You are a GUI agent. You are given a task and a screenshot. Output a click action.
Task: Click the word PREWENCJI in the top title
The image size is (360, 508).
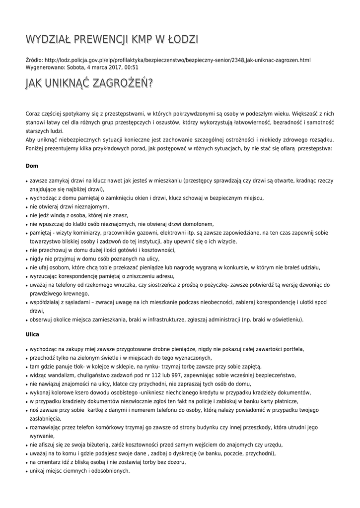[x=104, y=39]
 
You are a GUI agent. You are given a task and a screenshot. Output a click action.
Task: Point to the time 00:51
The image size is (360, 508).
[x=132, y=67]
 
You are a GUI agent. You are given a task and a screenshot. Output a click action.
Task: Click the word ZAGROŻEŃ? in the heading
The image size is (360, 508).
[x=126, y=84]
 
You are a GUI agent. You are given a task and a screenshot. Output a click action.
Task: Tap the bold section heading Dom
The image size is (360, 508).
[x=32, y=165]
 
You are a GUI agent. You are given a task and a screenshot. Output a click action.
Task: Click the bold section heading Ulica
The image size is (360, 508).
[x=32, y=334]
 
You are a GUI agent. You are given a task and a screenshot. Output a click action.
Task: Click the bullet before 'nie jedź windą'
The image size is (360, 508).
[x=26, y=216]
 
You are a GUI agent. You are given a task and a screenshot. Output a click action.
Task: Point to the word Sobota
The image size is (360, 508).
[x=77, y=67]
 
